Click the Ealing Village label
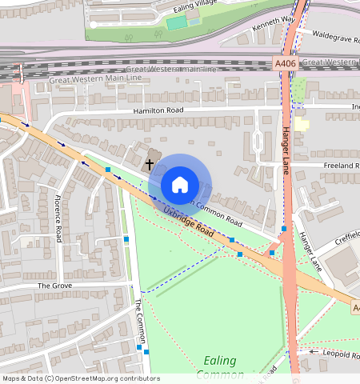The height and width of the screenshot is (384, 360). [x=195, y=7]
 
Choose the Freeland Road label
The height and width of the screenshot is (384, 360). [x=341, y=166]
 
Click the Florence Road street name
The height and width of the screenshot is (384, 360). [x=59, y=218]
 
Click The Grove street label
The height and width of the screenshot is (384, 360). [x=54, y=285]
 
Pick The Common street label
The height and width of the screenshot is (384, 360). [x=139, y=321]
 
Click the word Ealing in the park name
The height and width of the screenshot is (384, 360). [x=219, y=361]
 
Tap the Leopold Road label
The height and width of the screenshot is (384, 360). [x=341, y=353]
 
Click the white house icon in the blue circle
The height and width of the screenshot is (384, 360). [x=180, y=185]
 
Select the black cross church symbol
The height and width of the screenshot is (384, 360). [x=150, y=164]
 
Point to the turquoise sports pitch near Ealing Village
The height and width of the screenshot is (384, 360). [x=176, y=22]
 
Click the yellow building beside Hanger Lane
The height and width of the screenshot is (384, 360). [x=301, y=124]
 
